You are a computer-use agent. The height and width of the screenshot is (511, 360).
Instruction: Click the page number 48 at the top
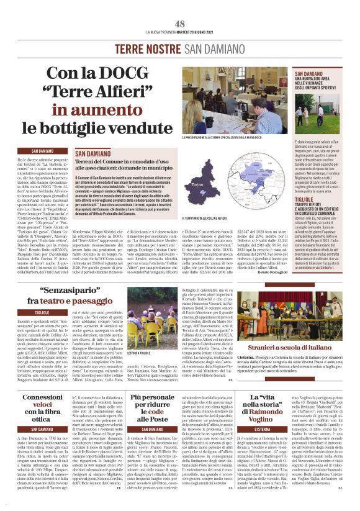(x=180, y=23)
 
